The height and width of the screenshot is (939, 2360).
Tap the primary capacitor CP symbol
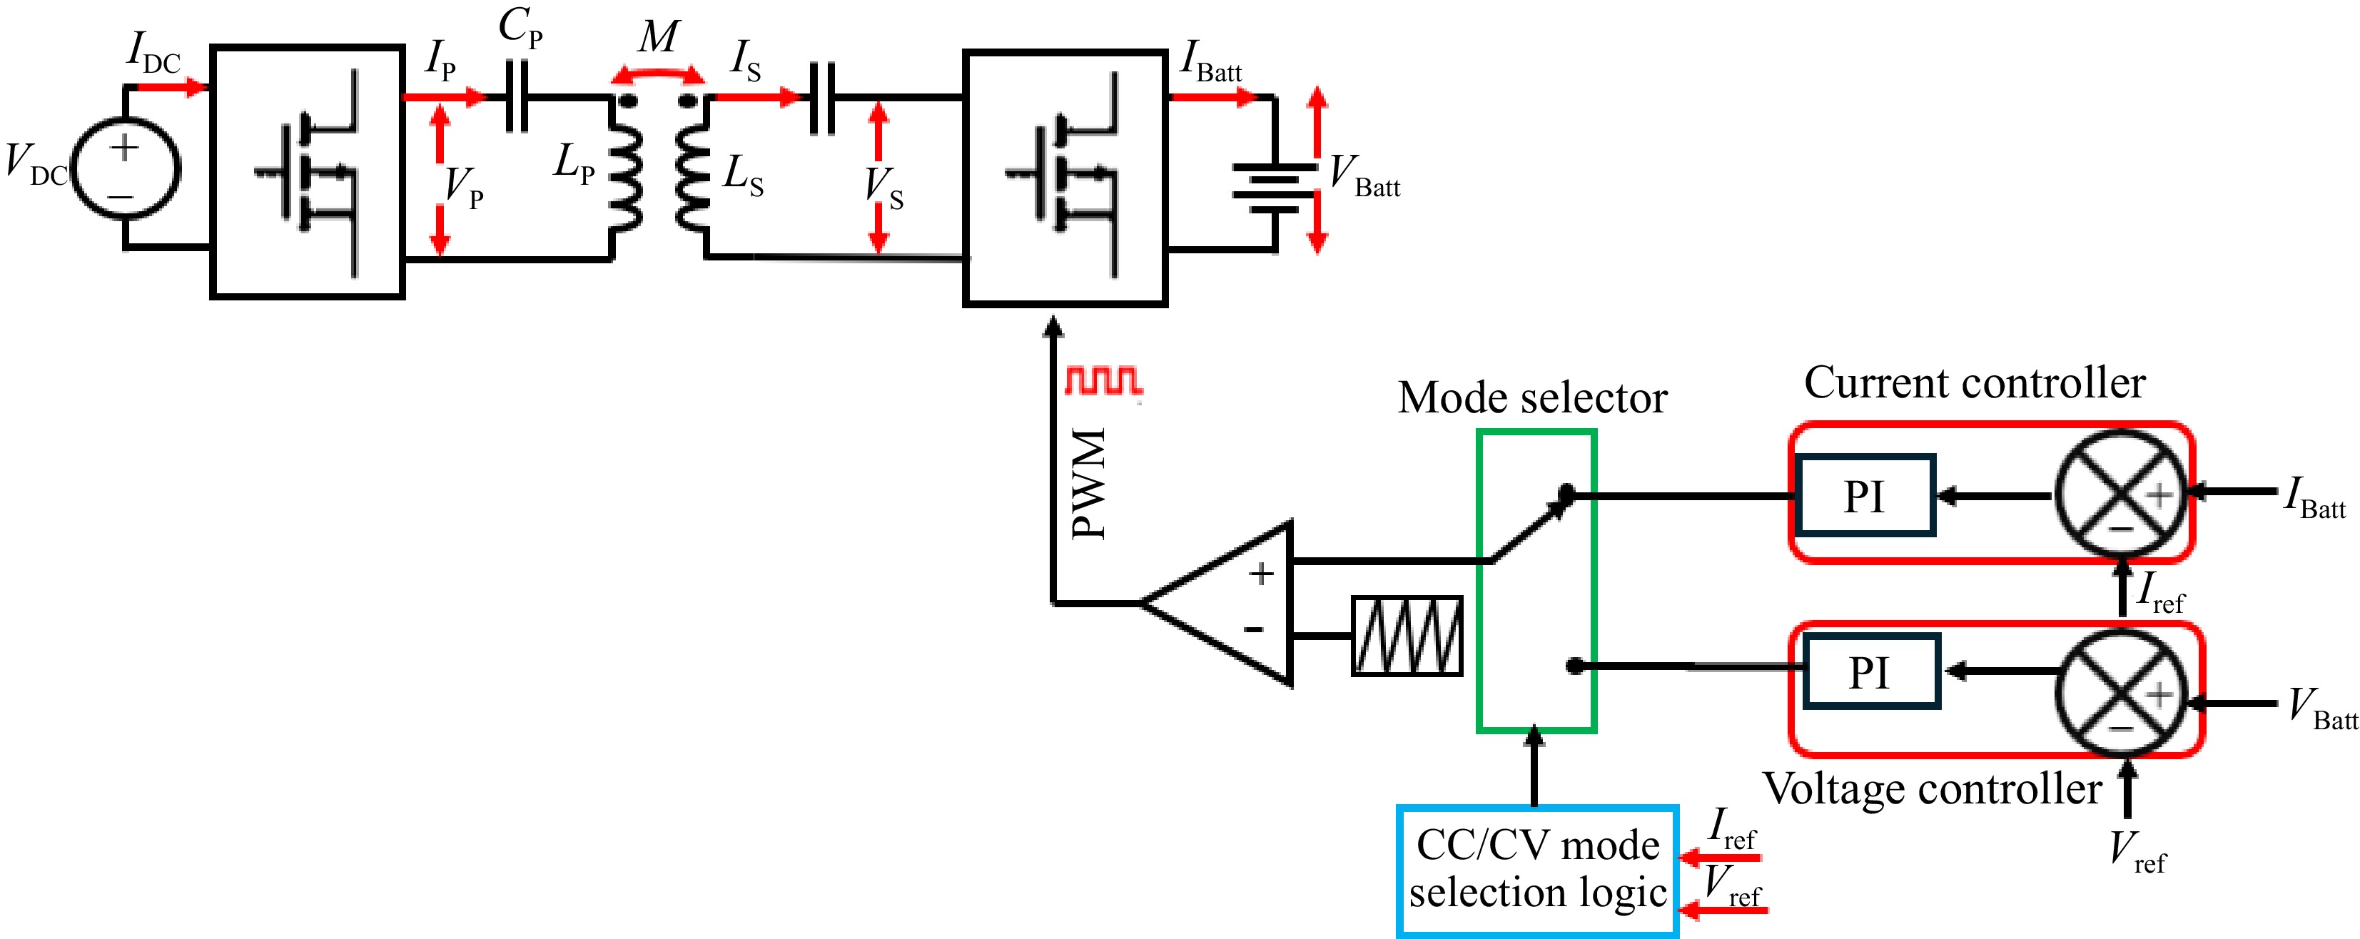click(x=517, y=97)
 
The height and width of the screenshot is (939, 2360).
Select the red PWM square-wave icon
click(x=1103, y=380)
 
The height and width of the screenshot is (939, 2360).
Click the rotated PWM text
click(x=1090, y=483)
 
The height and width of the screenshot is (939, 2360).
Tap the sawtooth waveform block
click(x=1407, y=636)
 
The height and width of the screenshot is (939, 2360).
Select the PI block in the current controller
click(x=1865, y=496)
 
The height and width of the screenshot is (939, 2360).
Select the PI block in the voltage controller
click(x=1870, y=671)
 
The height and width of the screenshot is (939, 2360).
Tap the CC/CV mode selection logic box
click(x=1537, y=871)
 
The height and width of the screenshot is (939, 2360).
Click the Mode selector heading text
click(x=1531, y=398)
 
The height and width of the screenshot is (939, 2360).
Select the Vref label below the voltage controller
click(x=2135, y=851)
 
